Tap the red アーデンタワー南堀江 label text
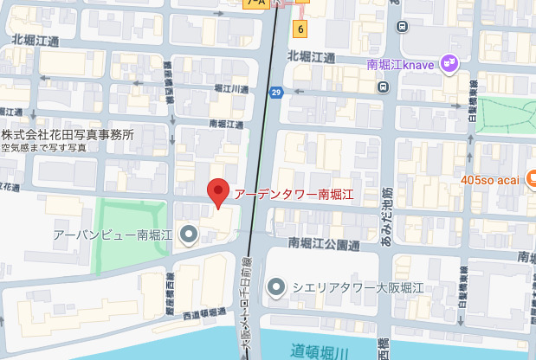point(294,194)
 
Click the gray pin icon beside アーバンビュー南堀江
point(188,234)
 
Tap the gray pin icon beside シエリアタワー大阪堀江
point(276,286)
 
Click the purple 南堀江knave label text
point(403,63)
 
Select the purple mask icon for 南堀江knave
point(449,62)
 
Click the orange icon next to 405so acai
point(528,179)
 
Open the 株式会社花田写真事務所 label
point(68,135)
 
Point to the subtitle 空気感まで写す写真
point(44,148)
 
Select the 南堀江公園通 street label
point(324,244)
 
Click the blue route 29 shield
point(276,93)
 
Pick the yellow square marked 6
point(300,29)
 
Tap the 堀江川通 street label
point(229,89)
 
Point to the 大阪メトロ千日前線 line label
point(245,304)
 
